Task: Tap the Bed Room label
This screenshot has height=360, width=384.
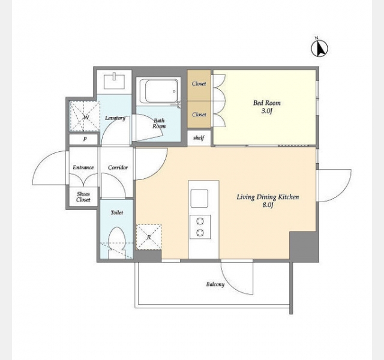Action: coord(266,103)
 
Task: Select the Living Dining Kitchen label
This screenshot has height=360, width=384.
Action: coord(268,197)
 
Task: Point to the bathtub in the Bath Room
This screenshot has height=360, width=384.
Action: coord(158,92)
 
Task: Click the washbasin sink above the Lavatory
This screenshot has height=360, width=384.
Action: coord(114,82)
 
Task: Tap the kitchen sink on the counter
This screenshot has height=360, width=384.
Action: coord(199,199)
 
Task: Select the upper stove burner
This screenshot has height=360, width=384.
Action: coord(200,221)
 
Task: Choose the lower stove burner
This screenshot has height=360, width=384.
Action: coord(200,233)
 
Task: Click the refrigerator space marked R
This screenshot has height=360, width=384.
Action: coord(149,237)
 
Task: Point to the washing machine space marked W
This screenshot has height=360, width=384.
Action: coord(85,116)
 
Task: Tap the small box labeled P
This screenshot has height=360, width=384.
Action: coord(84,139)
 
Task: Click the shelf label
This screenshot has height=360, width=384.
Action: coord(199,137)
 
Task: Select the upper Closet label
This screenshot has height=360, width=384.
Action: coord(199,84)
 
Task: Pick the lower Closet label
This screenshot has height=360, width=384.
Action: coord(199,115)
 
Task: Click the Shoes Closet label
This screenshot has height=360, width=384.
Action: coord(83,197)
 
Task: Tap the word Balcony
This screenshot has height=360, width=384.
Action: coord(215,284)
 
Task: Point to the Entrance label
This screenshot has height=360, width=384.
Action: coord(83,167)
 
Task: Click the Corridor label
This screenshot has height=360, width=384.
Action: coord(118,167)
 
